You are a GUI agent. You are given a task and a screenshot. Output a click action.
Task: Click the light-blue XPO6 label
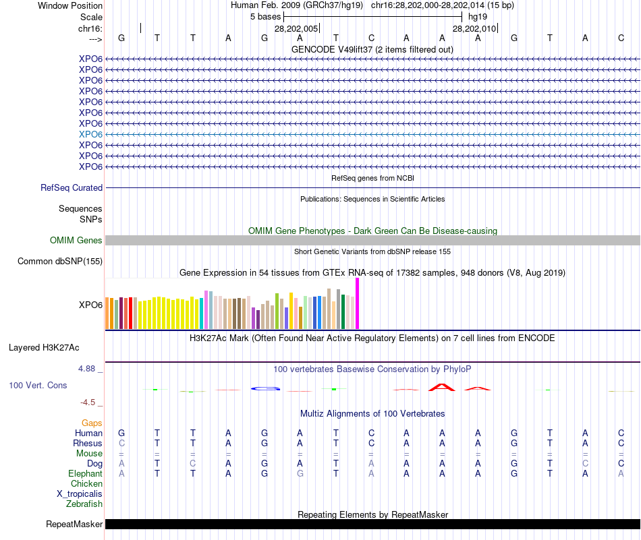tap(90, 134)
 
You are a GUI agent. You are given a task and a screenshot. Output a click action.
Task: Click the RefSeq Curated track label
tap(72, 188)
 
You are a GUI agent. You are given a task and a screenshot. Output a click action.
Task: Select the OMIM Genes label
tap(76, 241)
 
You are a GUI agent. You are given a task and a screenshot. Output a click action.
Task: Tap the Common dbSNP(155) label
tap(60, 262)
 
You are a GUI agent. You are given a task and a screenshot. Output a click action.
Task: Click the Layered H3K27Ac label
tap(44, 348)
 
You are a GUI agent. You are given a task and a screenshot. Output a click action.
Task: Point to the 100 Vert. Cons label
tap(38, 385)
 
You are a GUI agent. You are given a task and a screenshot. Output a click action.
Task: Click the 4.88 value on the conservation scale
tap(88, 369)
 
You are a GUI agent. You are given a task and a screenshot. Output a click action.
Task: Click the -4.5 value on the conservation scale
tap(88, 402)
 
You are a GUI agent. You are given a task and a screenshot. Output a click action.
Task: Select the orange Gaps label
tap(92, 423)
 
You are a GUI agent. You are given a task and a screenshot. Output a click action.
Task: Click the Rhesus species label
tap(88, 444)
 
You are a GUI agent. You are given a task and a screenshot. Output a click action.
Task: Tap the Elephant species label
tap(86, 474)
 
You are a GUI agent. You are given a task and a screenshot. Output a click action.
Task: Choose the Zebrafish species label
tap(84, 504)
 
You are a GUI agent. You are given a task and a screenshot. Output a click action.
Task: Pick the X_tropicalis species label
tap(80, 494)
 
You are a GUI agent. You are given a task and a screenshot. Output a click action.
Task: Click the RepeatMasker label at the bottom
tap(74, 524)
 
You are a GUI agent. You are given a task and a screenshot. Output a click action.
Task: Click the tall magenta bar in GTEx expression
tap(357, 303)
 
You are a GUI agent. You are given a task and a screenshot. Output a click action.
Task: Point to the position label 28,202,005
tap(296, 29)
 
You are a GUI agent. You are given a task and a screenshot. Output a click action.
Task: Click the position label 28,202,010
tap(474, 29)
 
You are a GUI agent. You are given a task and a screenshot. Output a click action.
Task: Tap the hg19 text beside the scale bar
tap(477, 16)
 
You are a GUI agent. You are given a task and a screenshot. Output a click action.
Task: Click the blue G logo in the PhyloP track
tap(264, 388)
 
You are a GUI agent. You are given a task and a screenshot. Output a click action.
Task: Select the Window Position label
tap(70, 5)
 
